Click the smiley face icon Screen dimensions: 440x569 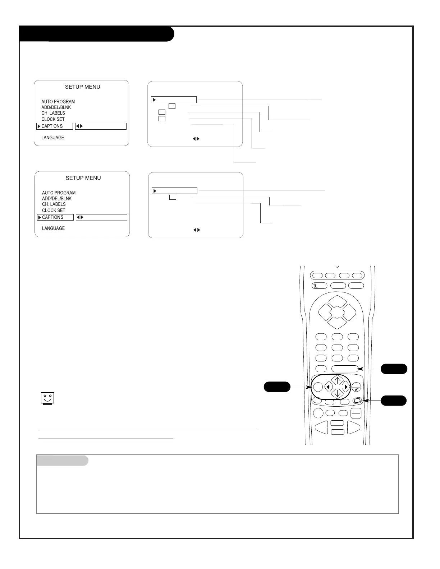click(47, 398)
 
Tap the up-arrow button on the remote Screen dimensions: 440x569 click(337, 380)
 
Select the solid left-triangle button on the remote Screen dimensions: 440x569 click(328, 387)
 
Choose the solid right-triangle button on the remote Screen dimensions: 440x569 click(346, 387)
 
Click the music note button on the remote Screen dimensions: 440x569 click(357, 387)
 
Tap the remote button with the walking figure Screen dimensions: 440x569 click(319, 286)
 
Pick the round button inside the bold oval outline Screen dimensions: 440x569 click(318, 387)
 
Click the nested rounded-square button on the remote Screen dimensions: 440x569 click(357, 401)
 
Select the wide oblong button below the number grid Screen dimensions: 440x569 click(345, 369)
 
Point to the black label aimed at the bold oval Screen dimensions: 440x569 click(277, 387)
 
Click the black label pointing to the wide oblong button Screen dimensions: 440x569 click(394, 369)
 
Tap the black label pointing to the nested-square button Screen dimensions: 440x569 click(394, 401)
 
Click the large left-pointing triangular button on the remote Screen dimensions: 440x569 click(322, 427)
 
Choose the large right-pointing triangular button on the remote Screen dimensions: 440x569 click(353, 427)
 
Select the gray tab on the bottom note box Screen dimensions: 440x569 click(63, 461)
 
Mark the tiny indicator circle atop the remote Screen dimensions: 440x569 click(337, 267)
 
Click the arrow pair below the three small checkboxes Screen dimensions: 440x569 click(196, 139)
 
